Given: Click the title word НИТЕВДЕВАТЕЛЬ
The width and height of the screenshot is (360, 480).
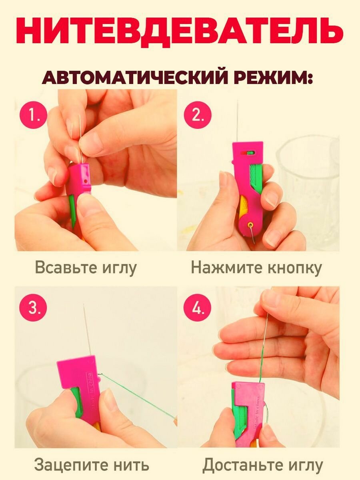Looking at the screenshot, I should [x=180, y=30].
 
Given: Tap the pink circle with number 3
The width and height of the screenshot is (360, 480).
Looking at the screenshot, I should [x=34, y=308].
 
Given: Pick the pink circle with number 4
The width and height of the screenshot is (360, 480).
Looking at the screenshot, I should [x=197, y=308].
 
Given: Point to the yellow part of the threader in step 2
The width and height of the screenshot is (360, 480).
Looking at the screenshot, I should [x=243, y=210].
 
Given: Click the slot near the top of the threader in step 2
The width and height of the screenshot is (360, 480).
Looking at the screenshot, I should [x=251, y=152].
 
